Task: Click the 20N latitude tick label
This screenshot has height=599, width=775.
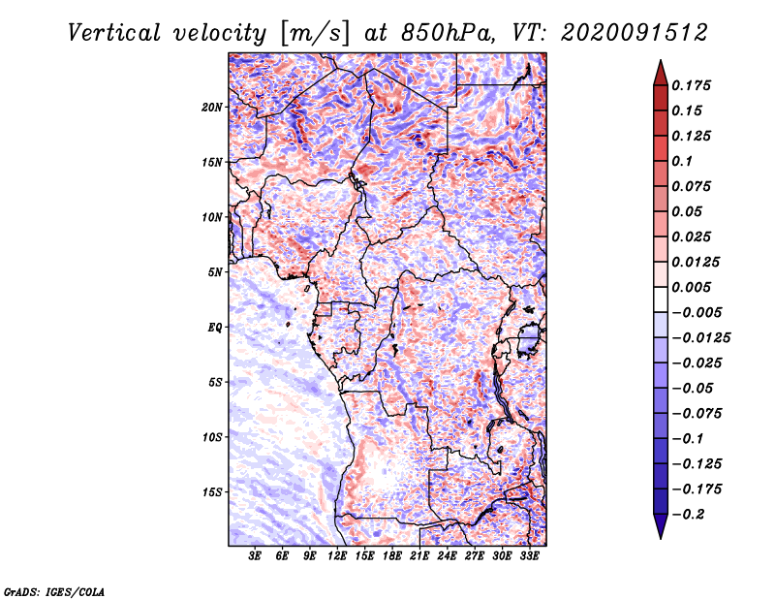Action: click(x=212, y=107)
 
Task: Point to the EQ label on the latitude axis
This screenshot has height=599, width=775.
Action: click(x=215, y=328)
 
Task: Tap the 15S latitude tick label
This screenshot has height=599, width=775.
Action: click(x=212, y=492)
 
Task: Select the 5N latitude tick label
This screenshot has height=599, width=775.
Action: click(x=215, y=272)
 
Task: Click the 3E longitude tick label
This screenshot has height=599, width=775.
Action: click(x=256, y=557)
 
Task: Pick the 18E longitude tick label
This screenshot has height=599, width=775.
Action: click(x=392, y=557)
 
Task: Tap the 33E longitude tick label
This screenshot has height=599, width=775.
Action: click(x=530, y=557)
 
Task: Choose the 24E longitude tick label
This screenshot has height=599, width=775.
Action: click(x=448, y=557)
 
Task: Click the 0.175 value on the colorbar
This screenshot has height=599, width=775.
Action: click(x=693, y=85)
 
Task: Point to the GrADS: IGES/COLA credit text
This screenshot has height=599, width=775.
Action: click(x=53, y=590)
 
